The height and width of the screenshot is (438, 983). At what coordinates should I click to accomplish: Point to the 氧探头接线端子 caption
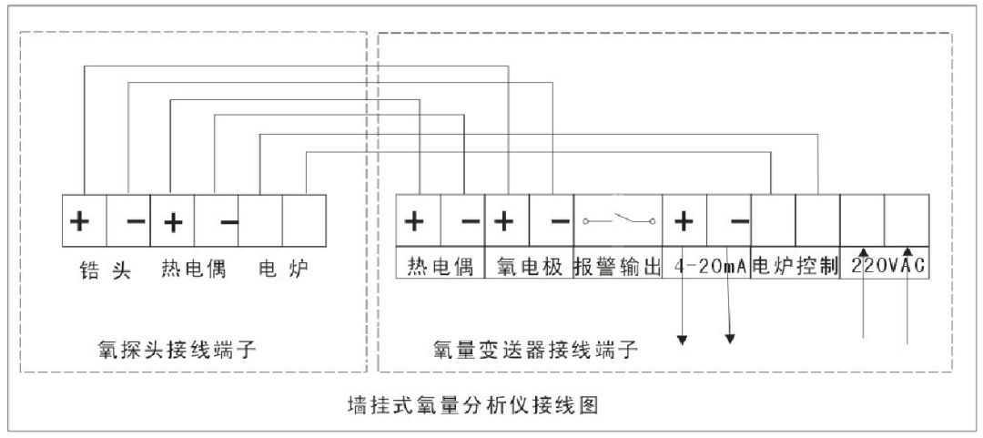tap(178, 348)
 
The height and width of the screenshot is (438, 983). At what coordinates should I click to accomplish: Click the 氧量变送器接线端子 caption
tap(536, 348)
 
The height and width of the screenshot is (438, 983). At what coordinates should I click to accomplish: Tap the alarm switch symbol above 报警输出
tap(619, 220)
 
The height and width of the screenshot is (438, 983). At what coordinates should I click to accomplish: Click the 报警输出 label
tap(617, 267)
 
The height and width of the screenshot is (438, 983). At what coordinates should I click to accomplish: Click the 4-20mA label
tap(707, 267)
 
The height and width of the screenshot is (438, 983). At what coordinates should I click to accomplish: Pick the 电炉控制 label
tap(795, 267)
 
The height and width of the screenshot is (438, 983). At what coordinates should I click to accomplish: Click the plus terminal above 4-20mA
tap(684, 221)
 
